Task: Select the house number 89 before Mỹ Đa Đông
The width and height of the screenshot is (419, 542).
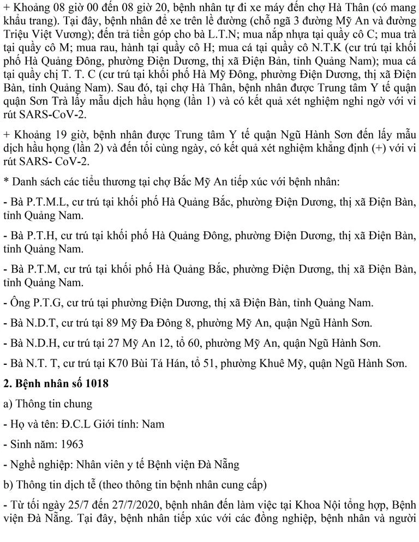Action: (x=129, y=323)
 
